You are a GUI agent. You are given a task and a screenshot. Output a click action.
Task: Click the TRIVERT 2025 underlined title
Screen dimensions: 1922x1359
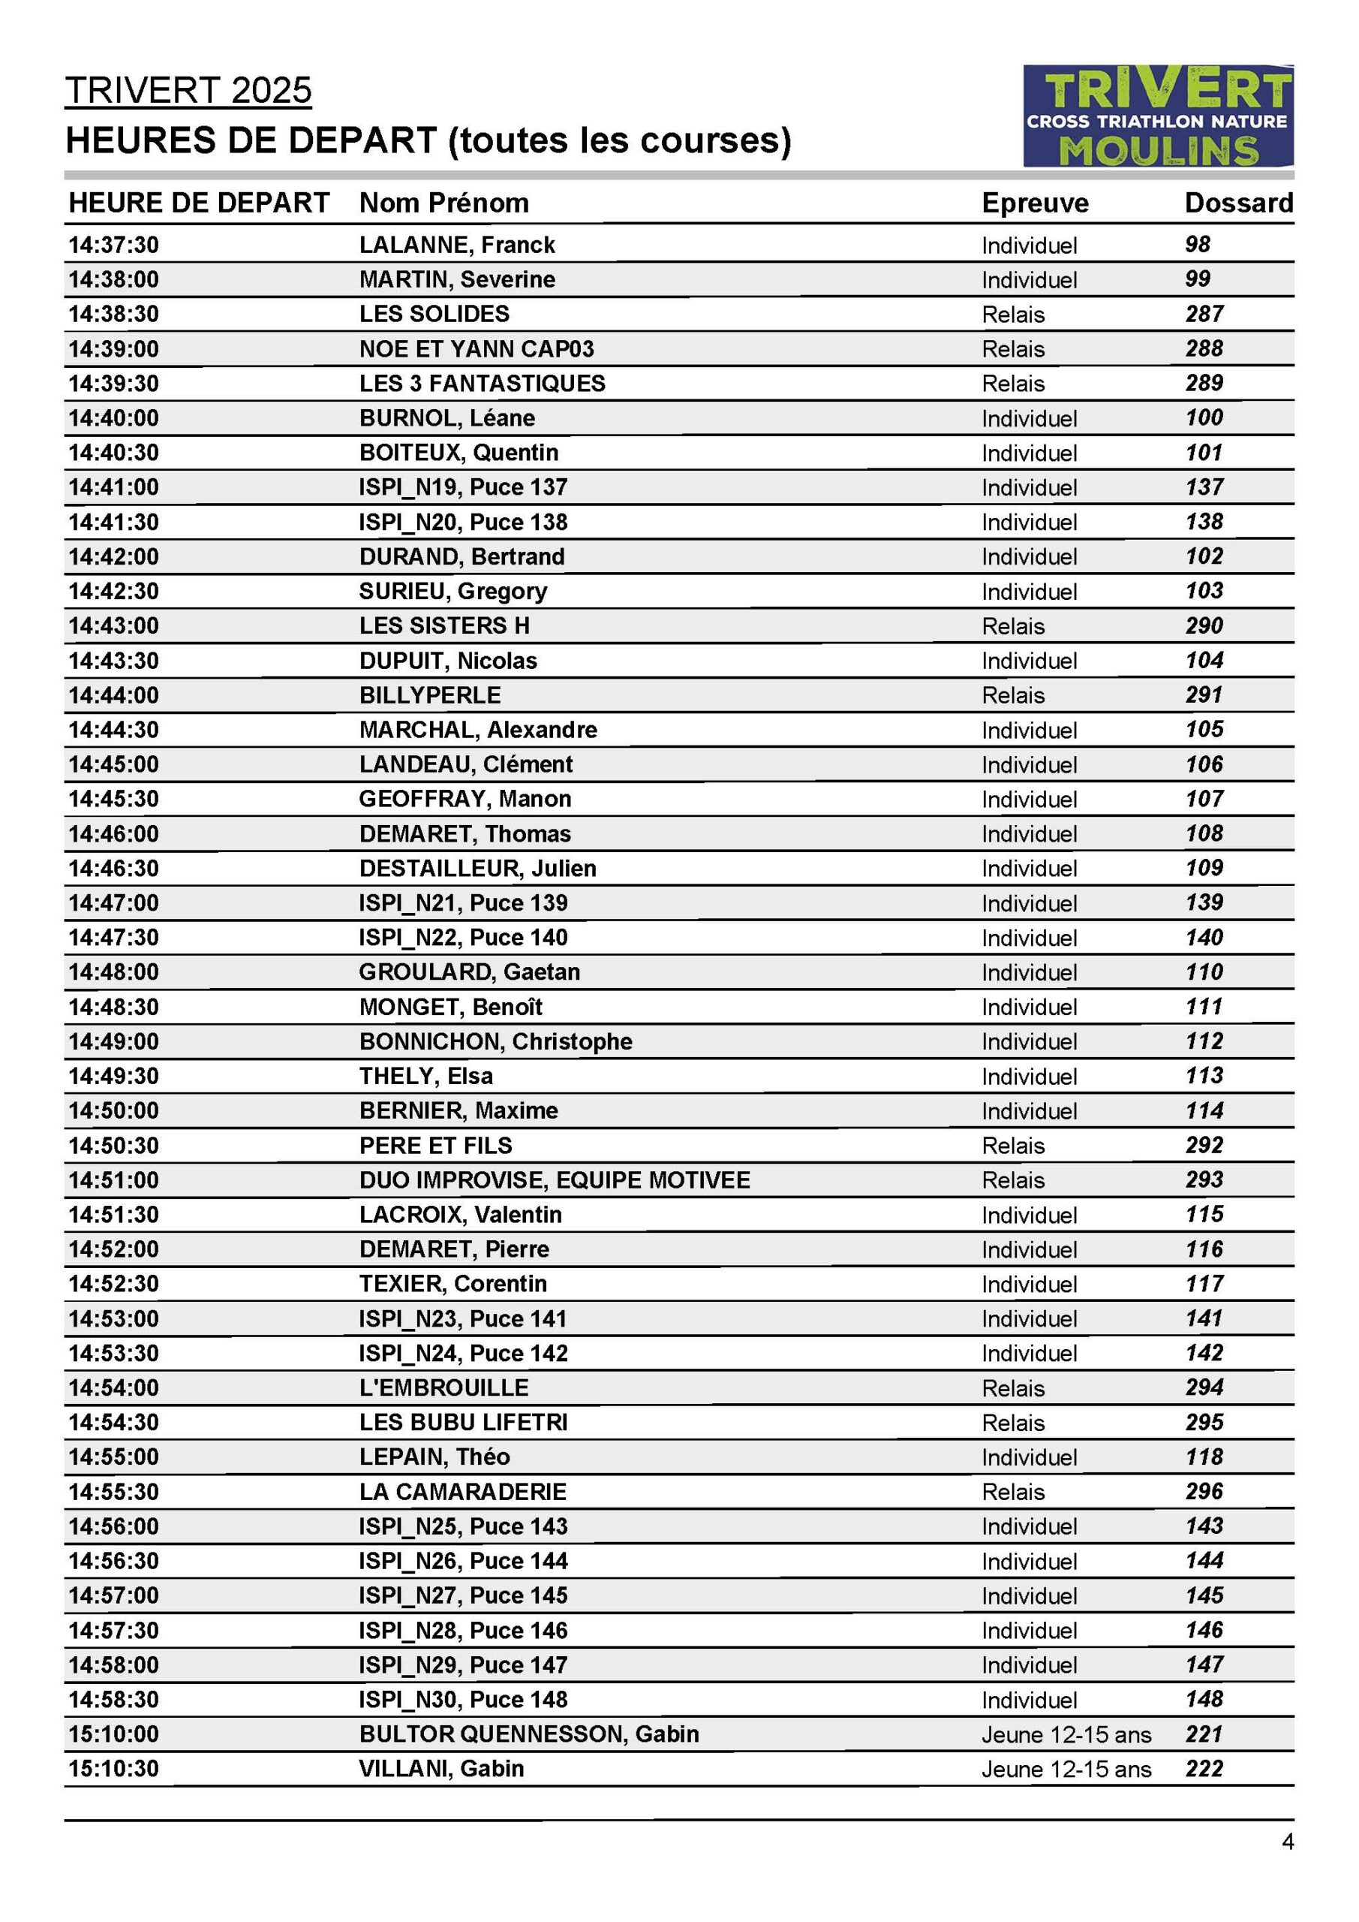(188, 90)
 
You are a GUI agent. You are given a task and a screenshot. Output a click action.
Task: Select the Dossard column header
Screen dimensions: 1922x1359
(1238, 203)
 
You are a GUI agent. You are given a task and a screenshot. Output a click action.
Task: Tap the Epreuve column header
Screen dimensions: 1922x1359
(1034, 203)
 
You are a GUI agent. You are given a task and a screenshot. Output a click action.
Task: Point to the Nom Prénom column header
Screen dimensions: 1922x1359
(443, 203)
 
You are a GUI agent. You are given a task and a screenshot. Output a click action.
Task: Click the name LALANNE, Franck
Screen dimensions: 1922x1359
(457, 245)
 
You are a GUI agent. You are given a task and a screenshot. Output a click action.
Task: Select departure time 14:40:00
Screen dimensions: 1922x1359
(114, 417)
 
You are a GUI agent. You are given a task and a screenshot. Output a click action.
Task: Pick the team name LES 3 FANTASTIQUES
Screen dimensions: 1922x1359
(482, 384)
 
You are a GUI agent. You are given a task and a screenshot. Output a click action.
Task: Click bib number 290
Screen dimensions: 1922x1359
(1204, 625)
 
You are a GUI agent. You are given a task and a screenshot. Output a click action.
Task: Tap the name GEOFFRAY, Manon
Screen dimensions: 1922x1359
(465, 799)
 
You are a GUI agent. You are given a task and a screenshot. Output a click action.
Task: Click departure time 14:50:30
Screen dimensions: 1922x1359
(114, 1145)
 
